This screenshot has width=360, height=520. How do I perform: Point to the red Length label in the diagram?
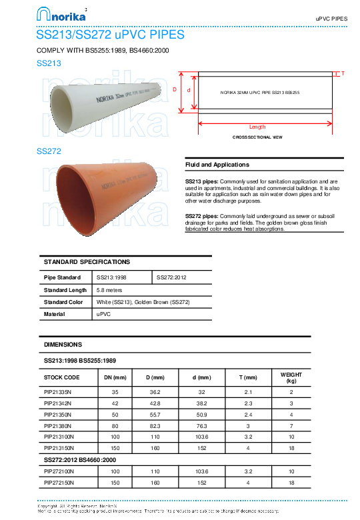[257, 127]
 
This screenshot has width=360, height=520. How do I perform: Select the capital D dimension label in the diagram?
[175, 89]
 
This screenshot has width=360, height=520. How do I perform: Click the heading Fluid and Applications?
[217, 165]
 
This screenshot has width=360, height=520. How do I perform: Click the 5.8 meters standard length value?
[110, 290]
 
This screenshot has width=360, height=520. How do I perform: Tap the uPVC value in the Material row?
[103, 313]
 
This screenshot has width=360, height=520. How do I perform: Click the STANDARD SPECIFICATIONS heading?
[87, 262]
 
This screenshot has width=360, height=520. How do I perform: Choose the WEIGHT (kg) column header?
[291, 377]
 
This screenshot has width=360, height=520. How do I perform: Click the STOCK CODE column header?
[61, 377]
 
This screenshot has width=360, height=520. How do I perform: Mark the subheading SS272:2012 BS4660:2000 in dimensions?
[80, 460]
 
